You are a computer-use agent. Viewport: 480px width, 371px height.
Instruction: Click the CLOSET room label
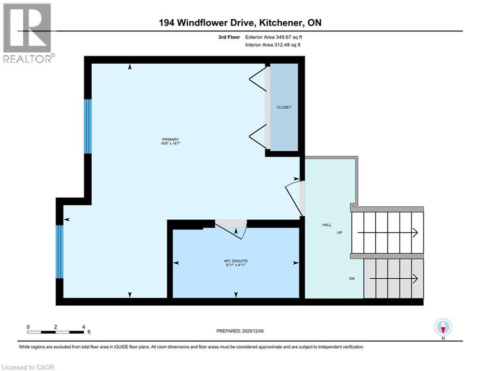click(284, 107)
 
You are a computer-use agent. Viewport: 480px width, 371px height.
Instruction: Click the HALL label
click(327, 225)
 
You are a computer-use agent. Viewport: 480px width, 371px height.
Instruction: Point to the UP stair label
click(340, 233)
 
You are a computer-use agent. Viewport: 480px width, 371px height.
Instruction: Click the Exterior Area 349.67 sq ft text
click(274, 37)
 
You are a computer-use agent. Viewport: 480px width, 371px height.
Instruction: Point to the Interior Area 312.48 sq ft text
click(274, 45)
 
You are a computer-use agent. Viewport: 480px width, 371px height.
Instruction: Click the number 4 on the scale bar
click(83, 327)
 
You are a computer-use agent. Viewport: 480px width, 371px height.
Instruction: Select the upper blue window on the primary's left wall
click(88, 126)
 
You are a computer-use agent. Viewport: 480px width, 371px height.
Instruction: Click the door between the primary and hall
click(294, 196)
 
